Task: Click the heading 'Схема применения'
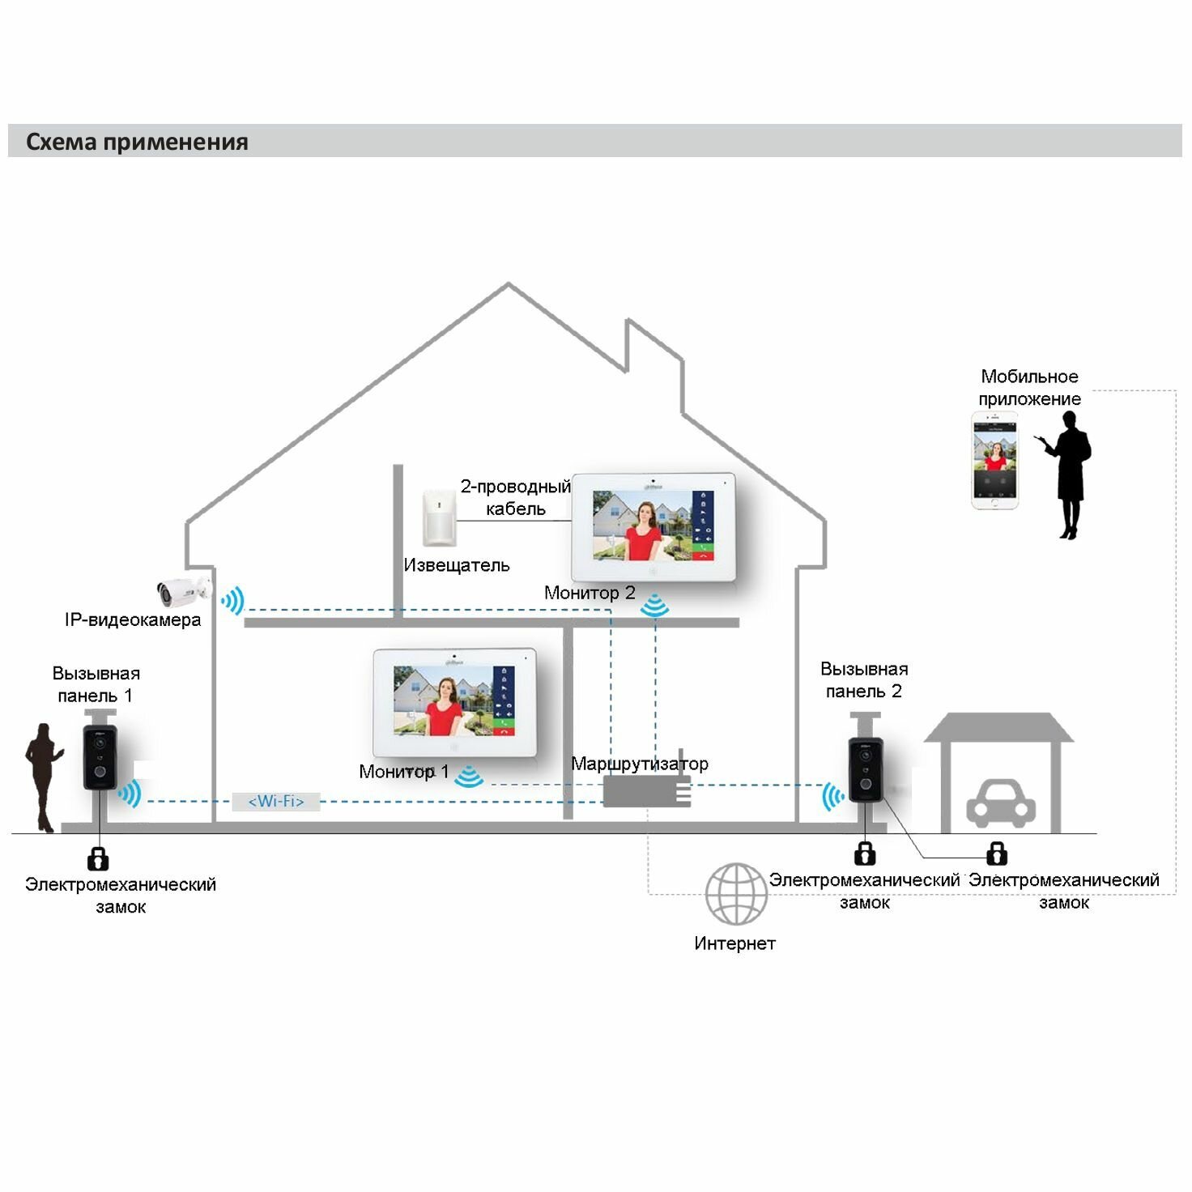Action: tap(137, 142)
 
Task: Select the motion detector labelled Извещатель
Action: tap(440, 517)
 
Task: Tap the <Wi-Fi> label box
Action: tap(275, 802)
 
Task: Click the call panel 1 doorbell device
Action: tap(100, 756)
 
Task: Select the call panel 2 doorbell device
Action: tap(866, 769)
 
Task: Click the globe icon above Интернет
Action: tap(735, 894)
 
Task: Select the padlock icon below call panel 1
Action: tap(98, 858)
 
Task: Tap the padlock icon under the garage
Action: tap(997, 853)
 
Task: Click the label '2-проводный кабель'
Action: tap(515, 497)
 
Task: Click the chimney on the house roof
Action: tap(653, 356)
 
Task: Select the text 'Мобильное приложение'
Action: tap(1029, 387)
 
